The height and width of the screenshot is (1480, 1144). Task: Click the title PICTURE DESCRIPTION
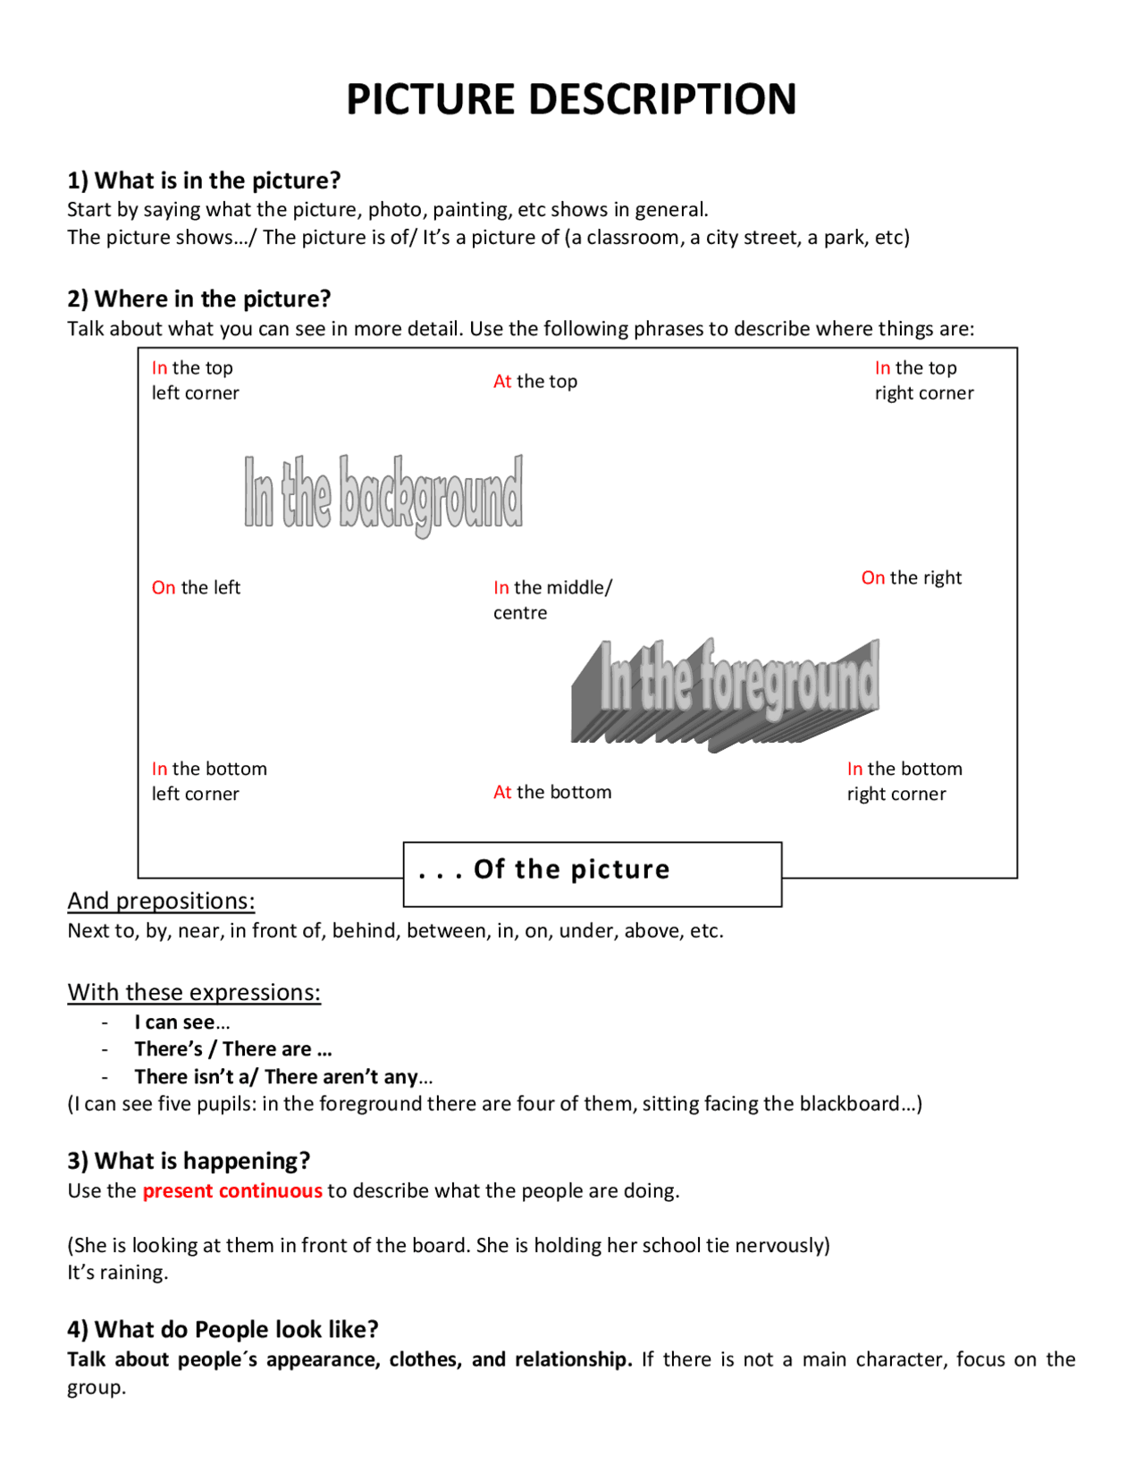571,99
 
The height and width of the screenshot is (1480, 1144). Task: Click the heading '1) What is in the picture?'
204,181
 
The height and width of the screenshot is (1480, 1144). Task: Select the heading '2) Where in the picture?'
198,299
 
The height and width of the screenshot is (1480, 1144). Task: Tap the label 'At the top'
534,382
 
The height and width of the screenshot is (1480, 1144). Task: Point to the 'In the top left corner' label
195,381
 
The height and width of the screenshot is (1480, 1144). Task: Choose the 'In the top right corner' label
923,381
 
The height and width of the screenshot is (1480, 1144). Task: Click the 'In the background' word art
383,494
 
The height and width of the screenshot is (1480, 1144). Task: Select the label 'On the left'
196,588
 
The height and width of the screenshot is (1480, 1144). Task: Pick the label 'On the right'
911,578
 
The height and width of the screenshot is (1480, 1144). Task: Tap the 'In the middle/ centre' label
551,600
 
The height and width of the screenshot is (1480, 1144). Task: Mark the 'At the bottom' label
551,793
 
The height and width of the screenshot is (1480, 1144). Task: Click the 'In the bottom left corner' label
208,781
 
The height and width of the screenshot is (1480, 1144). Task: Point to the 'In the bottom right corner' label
904,781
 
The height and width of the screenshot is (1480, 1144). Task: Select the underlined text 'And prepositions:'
161,901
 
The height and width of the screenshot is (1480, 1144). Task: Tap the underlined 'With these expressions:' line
194,992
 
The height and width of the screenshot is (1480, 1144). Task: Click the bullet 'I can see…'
182,1022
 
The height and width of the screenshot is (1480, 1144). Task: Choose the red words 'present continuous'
232,1191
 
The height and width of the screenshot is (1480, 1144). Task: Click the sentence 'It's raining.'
117,1273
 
